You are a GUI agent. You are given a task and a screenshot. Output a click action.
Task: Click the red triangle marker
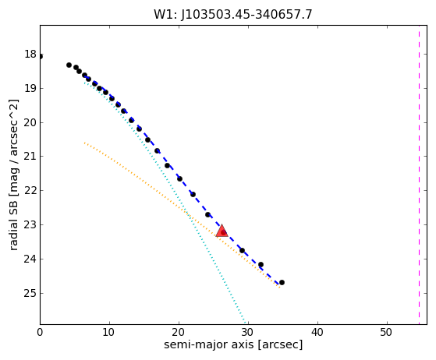222,231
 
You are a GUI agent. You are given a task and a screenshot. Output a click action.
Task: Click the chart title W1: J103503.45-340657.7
233,15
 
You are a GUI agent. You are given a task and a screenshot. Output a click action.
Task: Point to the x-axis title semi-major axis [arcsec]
233,344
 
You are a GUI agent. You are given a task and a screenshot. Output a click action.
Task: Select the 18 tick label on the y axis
30,55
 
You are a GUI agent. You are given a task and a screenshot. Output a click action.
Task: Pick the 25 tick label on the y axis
30,293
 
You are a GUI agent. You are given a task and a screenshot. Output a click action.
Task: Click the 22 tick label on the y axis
30,191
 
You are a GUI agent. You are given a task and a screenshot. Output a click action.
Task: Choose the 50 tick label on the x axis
387,332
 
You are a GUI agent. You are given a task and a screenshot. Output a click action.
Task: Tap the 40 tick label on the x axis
317,332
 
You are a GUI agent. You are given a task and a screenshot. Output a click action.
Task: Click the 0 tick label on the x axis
40,332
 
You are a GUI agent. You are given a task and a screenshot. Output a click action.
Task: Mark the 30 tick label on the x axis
248,332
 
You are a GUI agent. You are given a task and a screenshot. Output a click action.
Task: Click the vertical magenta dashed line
419,175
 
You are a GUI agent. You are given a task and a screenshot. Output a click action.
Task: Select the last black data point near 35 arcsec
282,283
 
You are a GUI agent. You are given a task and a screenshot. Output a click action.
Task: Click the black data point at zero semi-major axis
41,57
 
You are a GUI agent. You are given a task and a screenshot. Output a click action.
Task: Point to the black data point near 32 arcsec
261,264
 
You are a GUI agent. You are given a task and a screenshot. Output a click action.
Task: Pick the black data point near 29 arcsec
242,251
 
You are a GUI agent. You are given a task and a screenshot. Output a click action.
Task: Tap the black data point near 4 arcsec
69,65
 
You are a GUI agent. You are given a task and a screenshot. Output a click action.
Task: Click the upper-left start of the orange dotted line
84,143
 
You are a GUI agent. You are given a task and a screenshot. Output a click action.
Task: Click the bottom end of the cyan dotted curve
246,323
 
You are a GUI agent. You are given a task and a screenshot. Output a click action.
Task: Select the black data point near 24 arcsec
207,215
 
